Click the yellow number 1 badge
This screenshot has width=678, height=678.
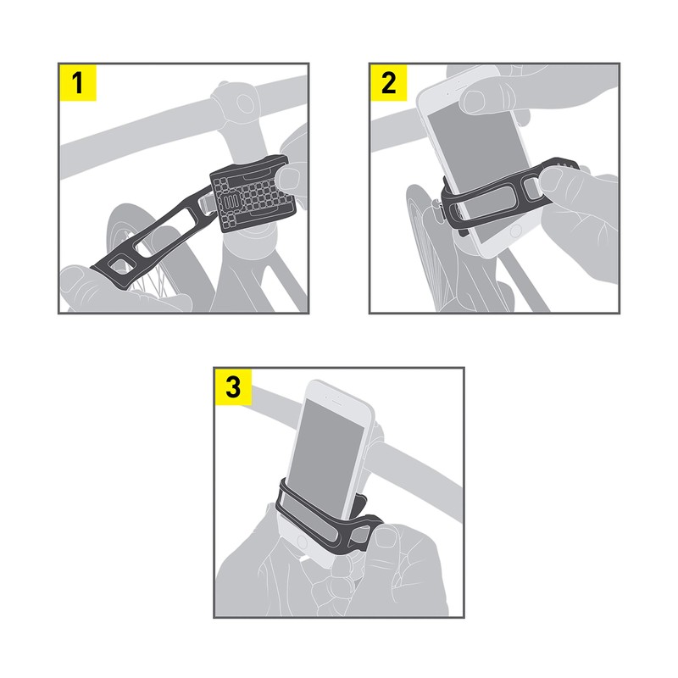point(78,84)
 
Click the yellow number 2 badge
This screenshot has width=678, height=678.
point(389,84)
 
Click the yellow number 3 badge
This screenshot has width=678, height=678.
point(232,387)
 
